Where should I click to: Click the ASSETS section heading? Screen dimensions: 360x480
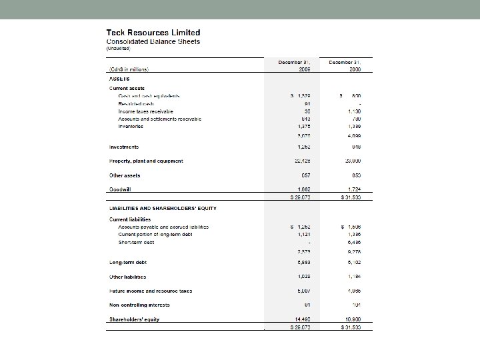click(x=120, y=78)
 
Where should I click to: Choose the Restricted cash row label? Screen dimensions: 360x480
click(x=136, y=103)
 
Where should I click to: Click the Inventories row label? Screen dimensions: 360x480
click(x=133, y=125)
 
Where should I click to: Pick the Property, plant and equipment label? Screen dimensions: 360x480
click(x=146, y=161)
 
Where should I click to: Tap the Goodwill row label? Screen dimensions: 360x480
click(x=121, y=189)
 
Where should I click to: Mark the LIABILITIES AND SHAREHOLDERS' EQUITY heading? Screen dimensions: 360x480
click(x=163, y=208)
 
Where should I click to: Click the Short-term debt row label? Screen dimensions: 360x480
click(x=136, y=242)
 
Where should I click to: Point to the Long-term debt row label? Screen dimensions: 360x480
click(x=127, y=262)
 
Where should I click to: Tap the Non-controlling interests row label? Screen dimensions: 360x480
click(x=139, y=305)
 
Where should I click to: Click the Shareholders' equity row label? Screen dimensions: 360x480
click(x=134, y=319)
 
